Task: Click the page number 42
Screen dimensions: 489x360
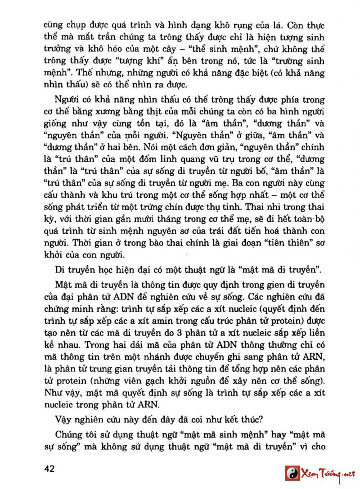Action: [49, 468]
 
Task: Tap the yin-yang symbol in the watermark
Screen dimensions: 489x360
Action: [292, 473]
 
